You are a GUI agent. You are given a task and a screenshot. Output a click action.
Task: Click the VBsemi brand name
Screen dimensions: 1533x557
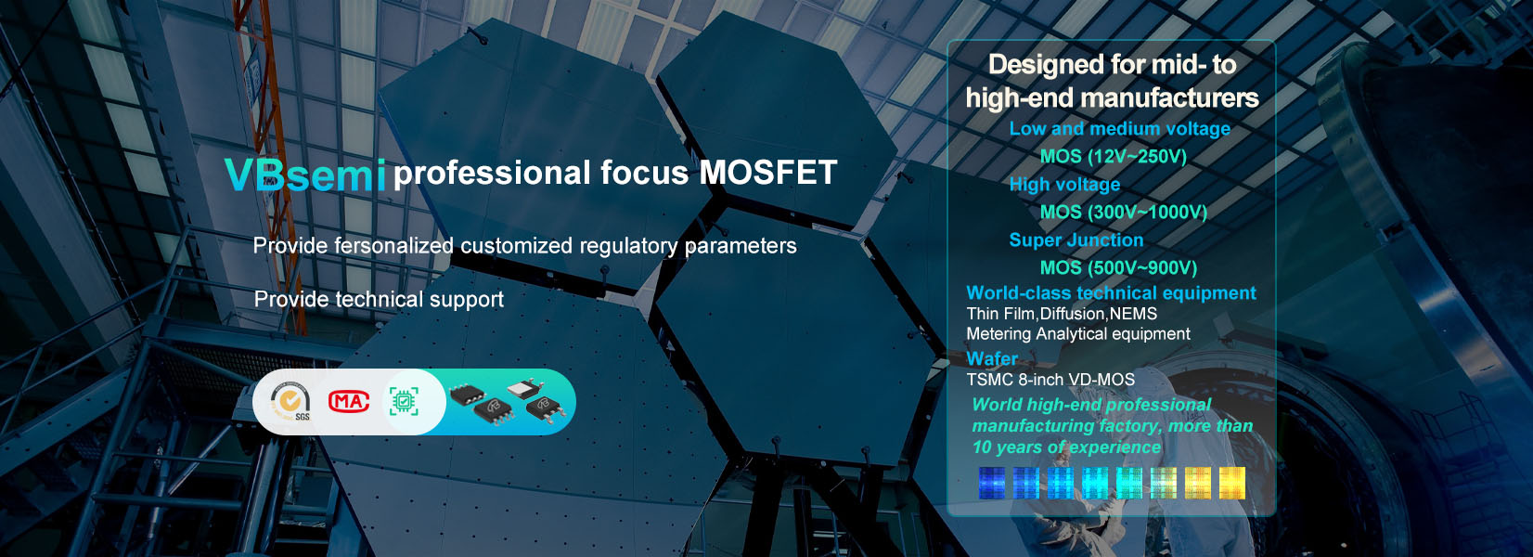[x=305, y=175]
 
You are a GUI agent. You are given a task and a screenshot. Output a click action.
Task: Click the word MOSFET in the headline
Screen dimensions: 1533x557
[x=767, y=173]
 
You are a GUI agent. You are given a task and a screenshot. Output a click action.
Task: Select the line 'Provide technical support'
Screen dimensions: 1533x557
[x=379, y=299]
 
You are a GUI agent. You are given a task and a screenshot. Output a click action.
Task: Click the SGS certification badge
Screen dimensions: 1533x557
[x=290, y=402]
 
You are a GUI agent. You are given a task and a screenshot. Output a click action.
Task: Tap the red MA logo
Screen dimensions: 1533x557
[x=349, y=402]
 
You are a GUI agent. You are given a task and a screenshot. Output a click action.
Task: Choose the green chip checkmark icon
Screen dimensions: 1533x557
[x=404, y=402]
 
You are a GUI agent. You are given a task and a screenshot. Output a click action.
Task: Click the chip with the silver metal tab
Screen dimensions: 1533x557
[x=525, y=391]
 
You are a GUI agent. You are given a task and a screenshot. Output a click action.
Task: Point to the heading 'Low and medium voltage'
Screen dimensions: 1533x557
[x=1120, y=129]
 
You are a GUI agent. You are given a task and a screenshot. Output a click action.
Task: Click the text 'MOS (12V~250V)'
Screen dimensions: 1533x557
[x=1114, y=157]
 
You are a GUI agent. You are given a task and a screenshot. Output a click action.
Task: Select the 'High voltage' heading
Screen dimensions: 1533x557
[x=1065, y=184]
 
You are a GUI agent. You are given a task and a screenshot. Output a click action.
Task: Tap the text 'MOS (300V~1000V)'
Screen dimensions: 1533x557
[x=1124, y=213]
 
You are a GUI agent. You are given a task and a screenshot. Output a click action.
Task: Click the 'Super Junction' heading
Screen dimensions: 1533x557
[x=1076, y=240]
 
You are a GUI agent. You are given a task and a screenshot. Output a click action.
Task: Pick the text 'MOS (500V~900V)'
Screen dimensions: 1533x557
[x=1119, y=267]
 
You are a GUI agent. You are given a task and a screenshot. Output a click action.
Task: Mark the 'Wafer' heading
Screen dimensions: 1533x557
[x=992, y=358]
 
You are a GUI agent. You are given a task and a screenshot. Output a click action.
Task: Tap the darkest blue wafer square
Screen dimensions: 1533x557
[x=992, y=483]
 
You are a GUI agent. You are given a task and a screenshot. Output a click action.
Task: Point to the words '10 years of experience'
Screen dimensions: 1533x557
[x=1066, y=447]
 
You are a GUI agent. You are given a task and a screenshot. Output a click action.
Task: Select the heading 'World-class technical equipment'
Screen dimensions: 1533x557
[x=1112, y=292]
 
